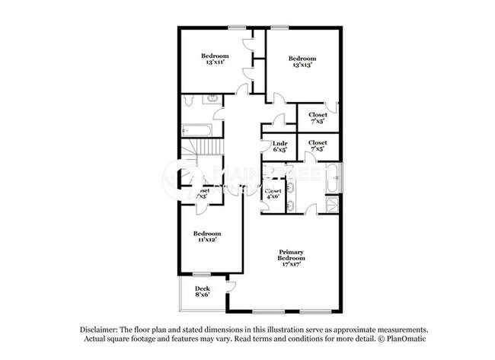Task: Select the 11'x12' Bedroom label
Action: tap(206, 237)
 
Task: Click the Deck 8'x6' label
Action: tap(202, 292)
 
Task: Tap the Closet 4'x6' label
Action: tap(273, 193)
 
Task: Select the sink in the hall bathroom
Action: tap(213, 100)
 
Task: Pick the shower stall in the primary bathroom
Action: tap(334, 204)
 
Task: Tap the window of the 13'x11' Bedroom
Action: tap(237, 28)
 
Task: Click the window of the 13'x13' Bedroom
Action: tap(279, 28)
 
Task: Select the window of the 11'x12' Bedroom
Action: tap(201, 274)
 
